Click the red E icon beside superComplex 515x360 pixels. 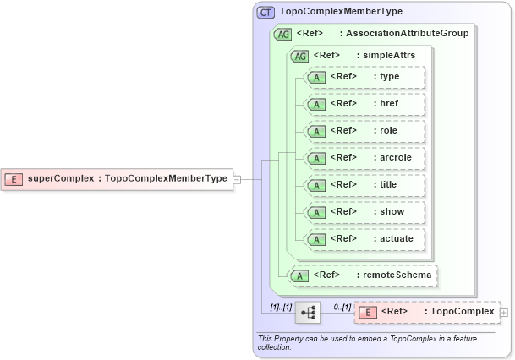(14, 178)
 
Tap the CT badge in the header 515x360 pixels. (266, 12)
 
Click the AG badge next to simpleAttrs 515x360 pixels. (299, 56)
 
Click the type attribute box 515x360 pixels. (364, 77)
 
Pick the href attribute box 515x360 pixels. (364, 104)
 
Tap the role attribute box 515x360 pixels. (364, 131)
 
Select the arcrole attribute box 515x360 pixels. (364, 158)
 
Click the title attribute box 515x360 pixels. (364, 185)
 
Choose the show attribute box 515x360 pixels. (364, 212)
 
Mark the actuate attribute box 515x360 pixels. (364, 239)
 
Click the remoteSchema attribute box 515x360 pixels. (364, 275)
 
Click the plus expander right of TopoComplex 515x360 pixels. (505, 313)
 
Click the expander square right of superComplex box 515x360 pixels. (238, 179)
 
